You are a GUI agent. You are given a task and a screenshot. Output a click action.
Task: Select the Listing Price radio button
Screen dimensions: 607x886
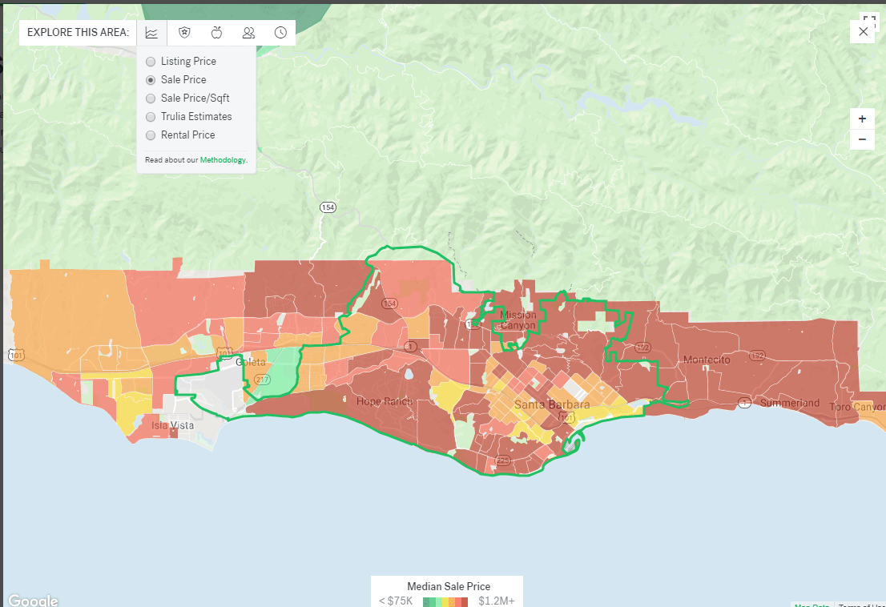pos(151,62)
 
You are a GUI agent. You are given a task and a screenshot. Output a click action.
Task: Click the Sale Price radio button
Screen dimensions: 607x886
pos(151,80)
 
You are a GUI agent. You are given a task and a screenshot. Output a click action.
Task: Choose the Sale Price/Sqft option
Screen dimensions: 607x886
pos(151,98)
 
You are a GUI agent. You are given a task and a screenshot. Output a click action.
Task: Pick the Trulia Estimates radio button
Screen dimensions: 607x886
pos(151,117)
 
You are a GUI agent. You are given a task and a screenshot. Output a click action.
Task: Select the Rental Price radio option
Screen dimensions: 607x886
pos(151,135)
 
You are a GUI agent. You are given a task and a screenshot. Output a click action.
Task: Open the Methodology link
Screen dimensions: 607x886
pos(223,160)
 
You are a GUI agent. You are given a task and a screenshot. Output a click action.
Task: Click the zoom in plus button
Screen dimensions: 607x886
pos(862,119)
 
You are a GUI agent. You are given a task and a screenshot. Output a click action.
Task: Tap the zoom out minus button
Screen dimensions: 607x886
pos(862,139)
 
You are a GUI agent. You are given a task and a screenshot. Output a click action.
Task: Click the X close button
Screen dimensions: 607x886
pos(863,31)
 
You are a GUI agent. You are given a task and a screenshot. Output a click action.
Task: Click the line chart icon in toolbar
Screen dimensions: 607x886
pos(151,33)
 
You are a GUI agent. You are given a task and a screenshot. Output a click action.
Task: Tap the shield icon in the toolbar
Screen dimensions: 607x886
pos(184,33)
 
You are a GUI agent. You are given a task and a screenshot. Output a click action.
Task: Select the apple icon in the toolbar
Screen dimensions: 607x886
pos(216,33)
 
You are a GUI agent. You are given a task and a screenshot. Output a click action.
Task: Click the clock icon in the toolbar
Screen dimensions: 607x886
pos(280,33)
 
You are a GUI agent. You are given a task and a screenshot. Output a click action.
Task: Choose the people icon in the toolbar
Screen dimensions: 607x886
pos(248,33)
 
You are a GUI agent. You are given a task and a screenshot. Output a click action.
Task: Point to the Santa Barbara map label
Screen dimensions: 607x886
pos(551,404)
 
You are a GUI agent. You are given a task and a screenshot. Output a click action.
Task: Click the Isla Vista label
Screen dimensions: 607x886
pos(172,425)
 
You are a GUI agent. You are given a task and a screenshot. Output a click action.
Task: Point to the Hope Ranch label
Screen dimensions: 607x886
pos(385,401)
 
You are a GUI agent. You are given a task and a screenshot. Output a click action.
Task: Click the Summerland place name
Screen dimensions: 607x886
pos(789,403)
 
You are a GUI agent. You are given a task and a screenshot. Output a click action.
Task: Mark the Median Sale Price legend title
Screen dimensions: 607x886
pos(448,586)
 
